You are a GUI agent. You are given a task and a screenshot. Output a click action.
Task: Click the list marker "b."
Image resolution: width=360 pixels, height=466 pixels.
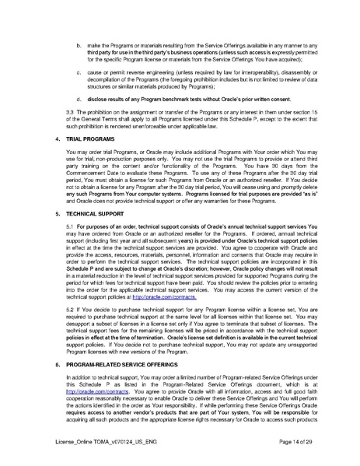[x=79, y=46]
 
